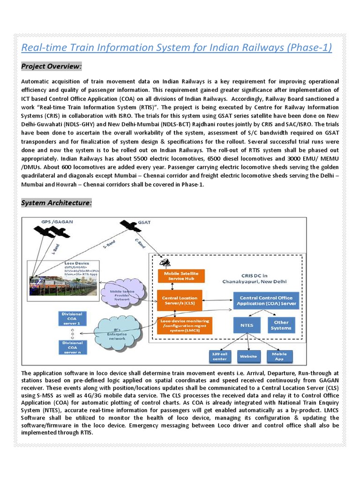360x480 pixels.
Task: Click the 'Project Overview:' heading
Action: pos(52,67)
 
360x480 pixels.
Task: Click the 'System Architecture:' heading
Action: pos(57,203)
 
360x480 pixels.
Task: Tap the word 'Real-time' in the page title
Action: pos(42,48)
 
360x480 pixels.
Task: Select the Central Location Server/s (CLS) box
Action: pos(180,300)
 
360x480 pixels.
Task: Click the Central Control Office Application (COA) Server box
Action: pos(266,300)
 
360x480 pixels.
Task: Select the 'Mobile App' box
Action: pos(279,356)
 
